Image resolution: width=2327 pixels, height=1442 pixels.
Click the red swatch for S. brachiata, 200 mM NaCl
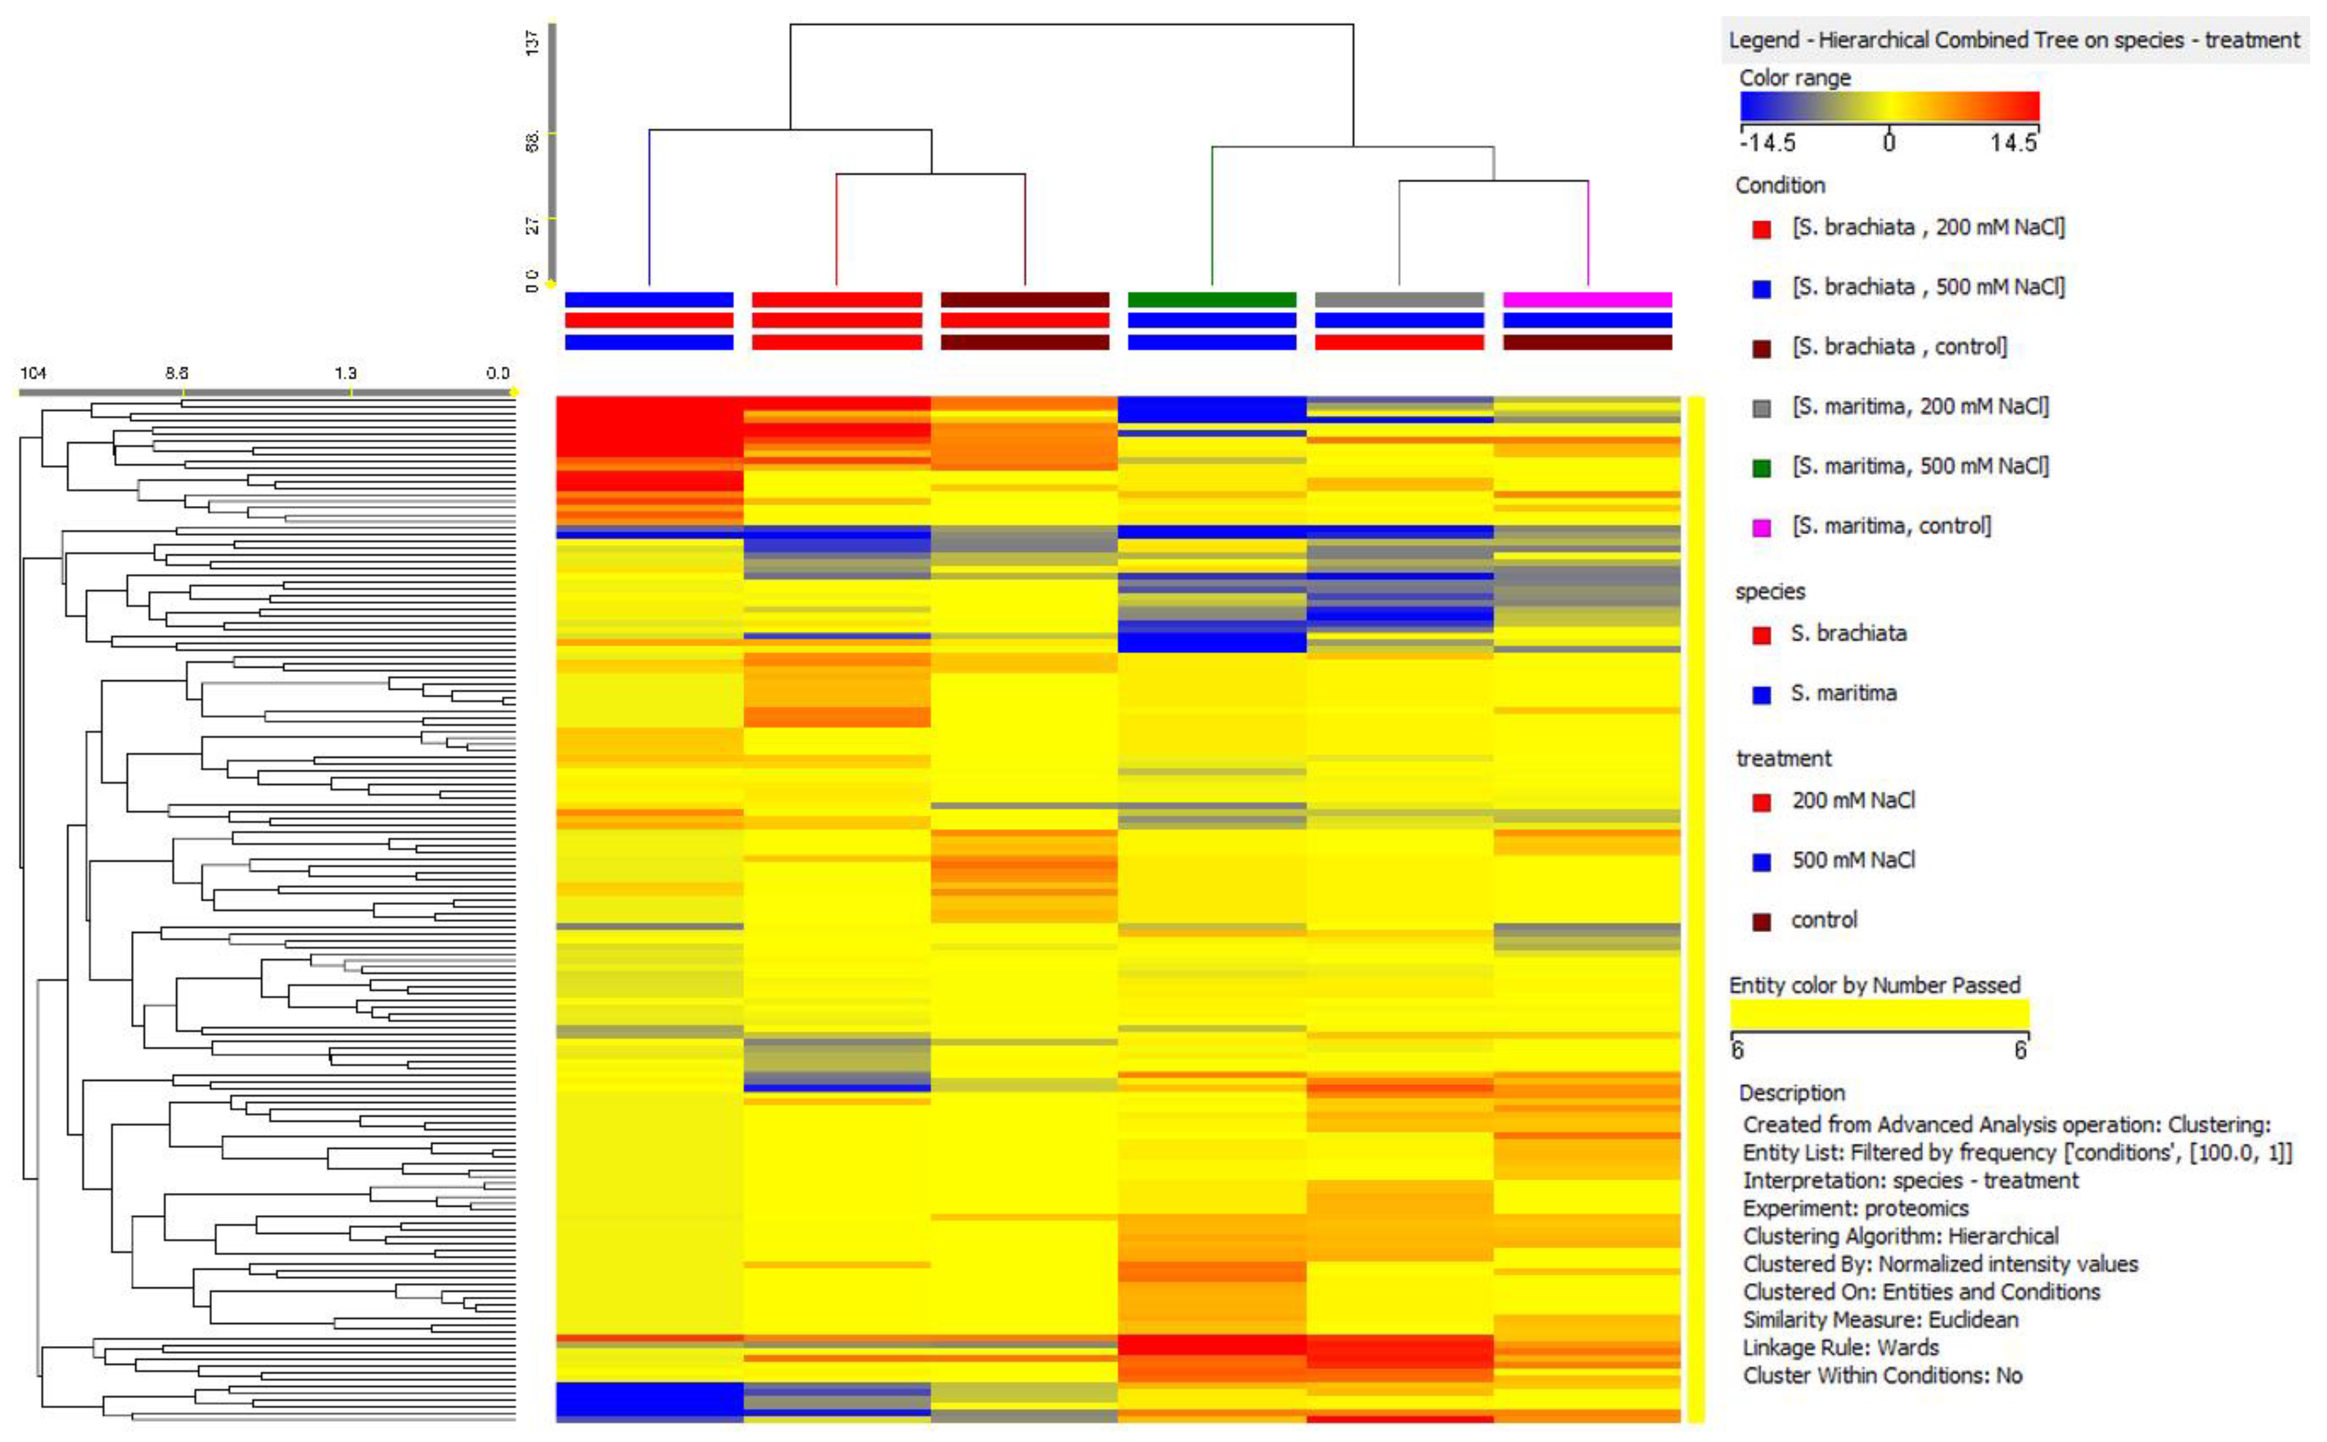(x=1761, y=229)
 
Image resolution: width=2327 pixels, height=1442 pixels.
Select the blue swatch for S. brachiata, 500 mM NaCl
(x=1761, y=289)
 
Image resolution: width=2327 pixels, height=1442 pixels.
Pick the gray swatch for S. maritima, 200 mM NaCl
(x=1761, y=408)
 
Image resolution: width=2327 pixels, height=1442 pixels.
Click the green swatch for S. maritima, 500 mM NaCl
(x=1761, y=468)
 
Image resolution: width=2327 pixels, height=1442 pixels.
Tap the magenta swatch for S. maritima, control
(x=1761, y=527)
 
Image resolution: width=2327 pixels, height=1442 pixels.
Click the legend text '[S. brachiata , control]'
(x=1899, y=346)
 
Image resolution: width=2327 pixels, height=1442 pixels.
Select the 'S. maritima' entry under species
(x=1843, y=693)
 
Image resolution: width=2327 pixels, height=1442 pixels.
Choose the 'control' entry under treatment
(x=1824, y=920)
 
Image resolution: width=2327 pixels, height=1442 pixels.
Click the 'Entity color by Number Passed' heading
(x=1874, y=985)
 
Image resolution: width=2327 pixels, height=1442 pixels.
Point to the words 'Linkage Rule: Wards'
(x=1840, y=1347)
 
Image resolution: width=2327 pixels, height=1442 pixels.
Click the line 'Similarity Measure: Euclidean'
(x=1880, y=1320)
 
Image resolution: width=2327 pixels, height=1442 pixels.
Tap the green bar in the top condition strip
(x=1212, y=300)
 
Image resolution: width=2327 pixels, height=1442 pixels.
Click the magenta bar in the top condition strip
(x=1587, y=300)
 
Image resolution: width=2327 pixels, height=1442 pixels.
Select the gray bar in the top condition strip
(x=1399, y=300)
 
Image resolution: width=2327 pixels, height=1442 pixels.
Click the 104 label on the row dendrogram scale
(x=33, y=373)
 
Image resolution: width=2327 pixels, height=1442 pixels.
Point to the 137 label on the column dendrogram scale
(x=532, y=42)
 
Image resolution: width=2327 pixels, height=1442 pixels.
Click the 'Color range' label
(x=1794, y=78)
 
